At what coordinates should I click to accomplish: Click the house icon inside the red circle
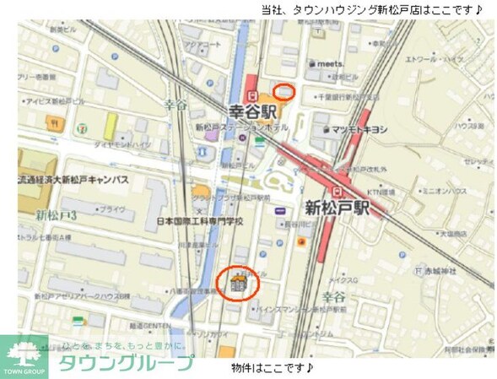pyautogui.click(x=238, y=283)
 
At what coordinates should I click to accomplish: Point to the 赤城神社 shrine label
pyautogui.click(x=438, y=270)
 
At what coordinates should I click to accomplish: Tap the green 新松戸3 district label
pyautogui.click(x=56, y=217)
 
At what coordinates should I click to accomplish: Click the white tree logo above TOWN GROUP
pyautogui.click(x=24, y=350)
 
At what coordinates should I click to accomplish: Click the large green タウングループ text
pyautogui.click(x=125, y=365)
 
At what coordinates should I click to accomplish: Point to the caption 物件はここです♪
pyautogui.click(x=273, y=369)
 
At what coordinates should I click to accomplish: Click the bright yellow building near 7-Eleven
pyautogui.click(x=110, y=127)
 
